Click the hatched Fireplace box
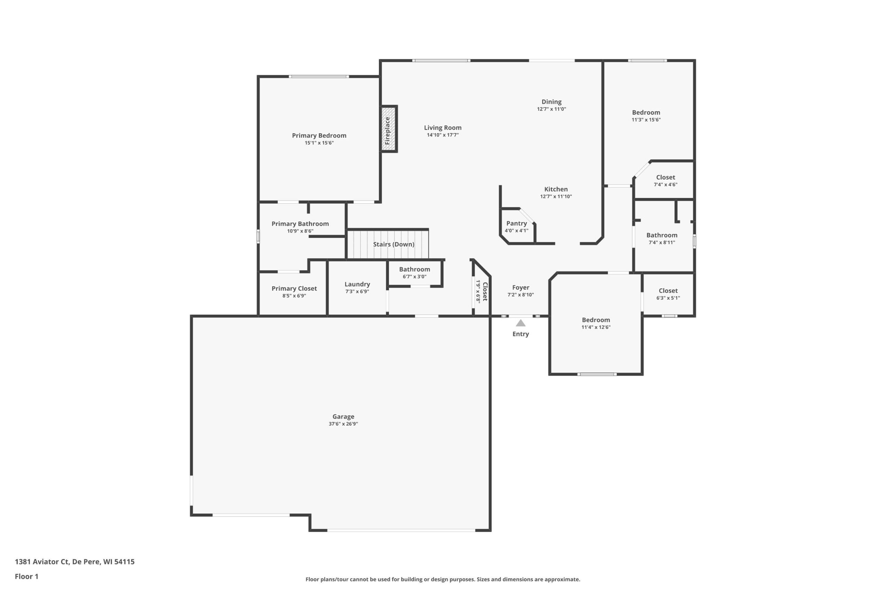[388, 129]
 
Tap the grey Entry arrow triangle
[521, 323]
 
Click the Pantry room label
[516, 224]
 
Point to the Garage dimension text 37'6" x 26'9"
[343, 424]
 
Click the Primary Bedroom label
[319, 136]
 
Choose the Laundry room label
[357, 284]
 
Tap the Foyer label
[521, 288]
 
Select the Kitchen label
[556, 189]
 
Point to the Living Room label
[443, 128]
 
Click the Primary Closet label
[294, 288]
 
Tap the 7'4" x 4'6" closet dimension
[666, 185]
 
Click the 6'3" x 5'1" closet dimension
[668, 298]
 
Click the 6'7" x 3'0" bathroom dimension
[415, 277]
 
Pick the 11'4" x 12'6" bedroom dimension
[596, 327]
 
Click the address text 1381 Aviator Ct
[42, 562]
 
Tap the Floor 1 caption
[27, 576]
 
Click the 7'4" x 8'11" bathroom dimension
[662, 242]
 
